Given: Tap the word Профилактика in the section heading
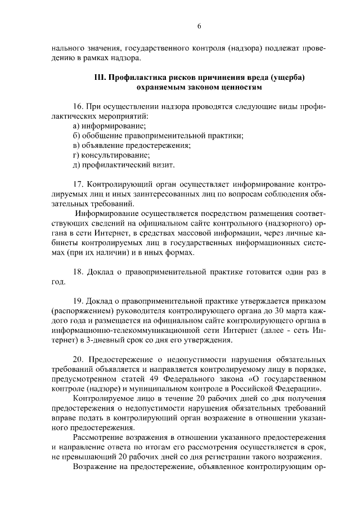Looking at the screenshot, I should (x=136, y=78).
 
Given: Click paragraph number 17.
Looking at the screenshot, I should (x=79, y=184).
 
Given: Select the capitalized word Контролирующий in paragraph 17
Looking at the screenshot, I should (x=124, y=184).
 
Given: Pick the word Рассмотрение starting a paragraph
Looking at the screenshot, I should (x=98, y=437).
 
